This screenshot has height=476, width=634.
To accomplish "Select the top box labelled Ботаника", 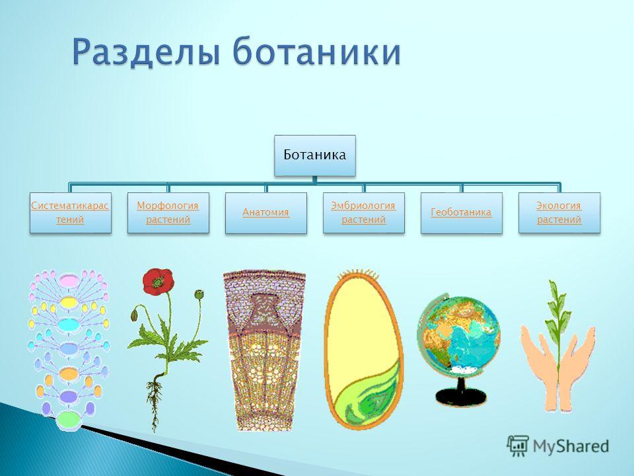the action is pos(315,155).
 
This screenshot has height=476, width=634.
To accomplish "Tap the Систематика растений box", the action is pos(71,213).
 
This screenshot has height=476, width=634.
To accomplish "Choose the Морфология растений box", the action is pos(168,213).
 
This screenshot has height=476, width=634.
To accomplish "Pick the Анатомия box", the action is pos(266,213).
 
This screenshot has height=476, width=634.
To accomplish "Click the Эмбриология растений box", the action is pos(364,213).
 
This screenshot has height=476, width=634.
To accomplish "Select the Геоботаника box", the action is pos(462,213).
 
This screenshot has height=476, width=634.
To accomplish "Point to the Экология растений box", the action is pos(559,213).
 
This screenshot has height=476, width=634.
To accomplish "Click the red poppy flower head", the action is pos(158,282).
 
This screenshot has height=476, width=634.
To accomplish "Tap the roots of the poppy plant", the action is pos(154,401).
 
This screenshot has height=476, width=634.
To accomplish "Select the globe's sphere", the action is pos(458,333).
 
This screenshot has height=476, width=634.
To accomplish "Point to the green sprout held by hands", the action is pos(557,324).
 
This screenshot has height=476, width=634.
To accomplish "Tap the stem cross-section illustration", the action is pos(264,350).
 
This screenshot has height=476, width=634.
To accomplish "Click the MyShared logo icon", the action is pos(518,446).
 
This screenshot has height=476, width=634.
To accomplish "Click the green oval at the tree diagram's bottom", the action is pos(68,419).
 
